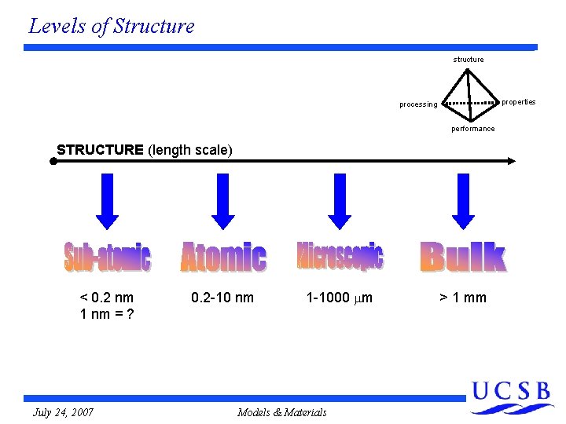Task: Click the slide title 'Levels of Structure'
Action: pos(111,26)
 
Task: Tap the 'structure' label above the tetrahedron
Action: pos(468,60)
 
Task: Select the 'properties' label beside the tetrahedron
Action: pos(518,101)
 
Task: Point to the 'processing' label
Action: pos(417,104)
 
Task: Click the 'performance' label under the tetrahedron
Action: pos(472,129)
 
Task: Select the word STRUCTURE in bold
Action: pos(100,149)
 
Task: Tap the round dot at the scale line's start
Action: pos(53,161)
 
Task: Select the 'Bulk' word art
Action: pos(462,257)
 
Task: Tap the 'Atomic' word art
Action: pos(223,257)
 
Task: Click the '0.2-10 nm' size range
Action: pos(222,298)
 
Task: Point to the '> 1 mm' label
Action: pos(462,298)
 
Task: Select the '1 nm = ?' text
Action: pos(106,314)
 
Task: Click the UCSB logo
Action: pos(512,397)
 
